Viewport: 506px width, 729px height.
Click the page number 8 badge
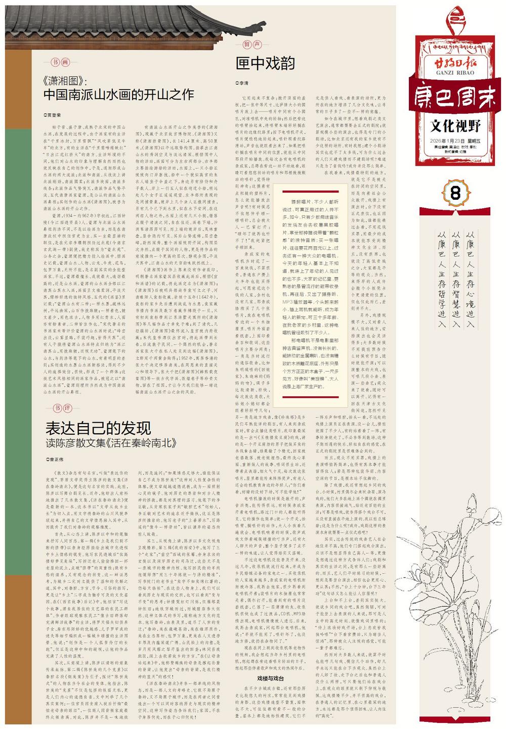[455, 193]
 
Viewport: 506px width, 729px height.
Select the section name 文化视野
[456, 125]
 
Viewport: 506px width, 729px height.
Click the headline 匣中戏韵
[265, 64]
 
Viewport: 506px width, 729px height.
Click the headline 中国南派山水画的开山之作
[118, 95]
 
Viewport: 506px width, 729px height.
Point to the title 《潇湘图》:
[66, 81]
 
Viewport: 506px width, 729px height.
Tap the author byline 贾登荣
[53, 115]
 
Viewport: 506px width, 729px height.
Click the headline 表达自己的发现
[98, 428]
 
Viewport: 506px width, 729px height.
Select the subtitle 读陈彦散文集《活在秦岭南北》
[111, 443]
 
